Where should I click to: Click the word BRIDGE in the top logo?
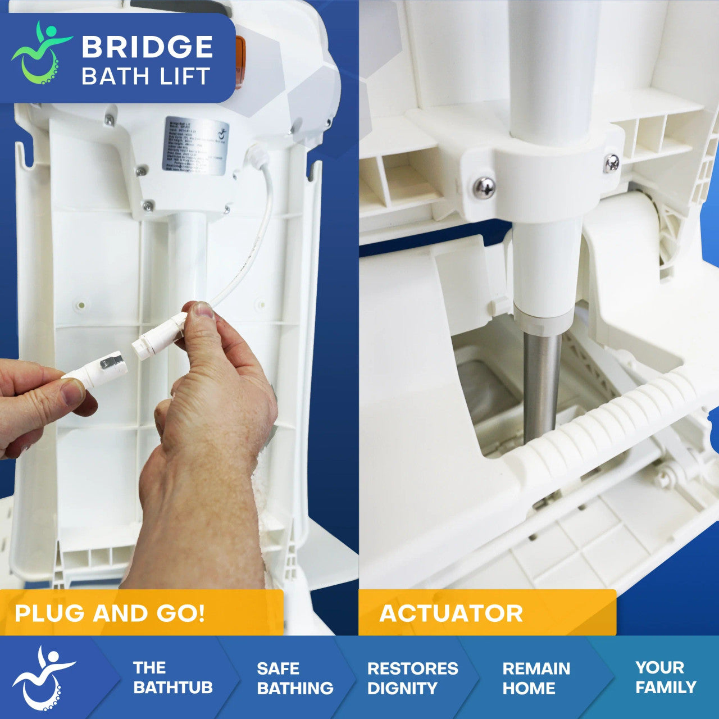tap(147, 47)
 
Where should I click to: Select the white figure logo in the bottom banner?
tap(44, 677)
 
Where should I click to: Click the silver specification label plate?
tap(195, 145)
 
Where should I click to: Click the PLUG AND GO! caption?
tap(110, 613)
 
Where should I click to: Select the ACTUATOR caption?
tap(451, 613)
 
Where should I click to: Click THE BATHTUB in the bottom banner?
tap(172, 677)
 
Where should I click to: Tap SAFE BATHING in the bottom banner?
tap(295, 678)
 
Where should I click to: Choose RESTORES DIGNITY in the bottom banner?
tap(412, 678)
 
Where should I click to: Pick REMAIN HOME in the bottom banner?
tap(536, 678)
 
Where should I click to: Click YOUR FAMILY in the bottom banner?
tap(666, 677)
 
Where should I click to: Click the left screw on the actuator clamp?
tap(484, 188)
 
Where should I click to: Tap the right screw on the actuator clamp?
tap(611, 163)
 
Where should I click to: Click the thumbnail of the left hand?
tap(72, 392)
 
